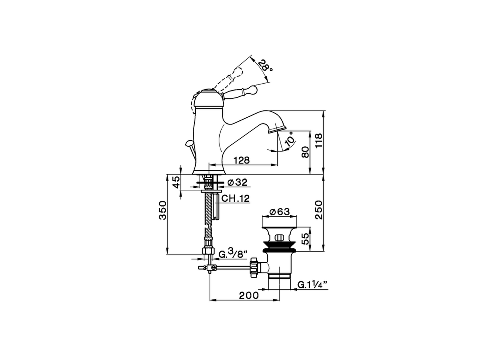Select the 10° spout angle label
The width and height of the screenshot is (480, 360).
point(290,139)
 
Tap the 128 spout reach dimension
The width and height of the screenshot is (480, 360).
point(241,160)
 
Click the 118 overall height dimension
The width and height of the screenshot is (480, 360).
point(319,142)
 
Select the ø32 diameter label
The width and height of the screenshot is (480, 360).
point(237,183)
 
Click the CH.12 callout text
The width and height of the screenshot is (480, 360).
point(235,199)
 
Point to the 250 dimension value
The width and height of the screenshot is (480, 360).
point(318,211)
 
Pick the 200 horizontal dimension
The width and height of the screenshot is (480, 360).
point(249,295)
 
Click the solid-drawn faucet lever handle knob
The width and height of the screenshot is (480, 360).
point(254,90)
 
